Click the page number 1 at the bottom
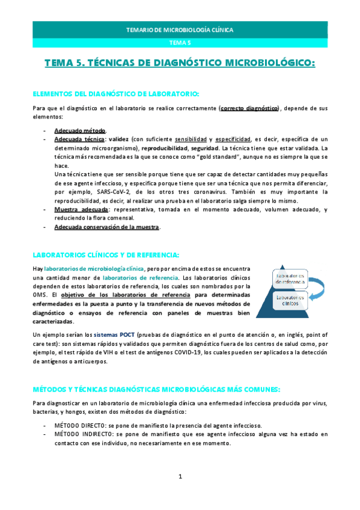click(180, 476)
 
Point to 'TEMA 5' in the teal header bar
click(180, 42)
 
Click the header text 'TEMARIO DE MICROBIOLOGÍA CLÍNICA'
click(180, 29)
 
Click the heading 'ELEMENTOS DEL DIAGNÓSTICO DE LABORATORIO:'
click(115, 94)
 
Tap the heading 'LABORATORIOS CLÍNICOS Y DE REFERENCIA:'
click(106, 254)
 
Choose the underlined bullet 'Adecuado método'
click(80, 131)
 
